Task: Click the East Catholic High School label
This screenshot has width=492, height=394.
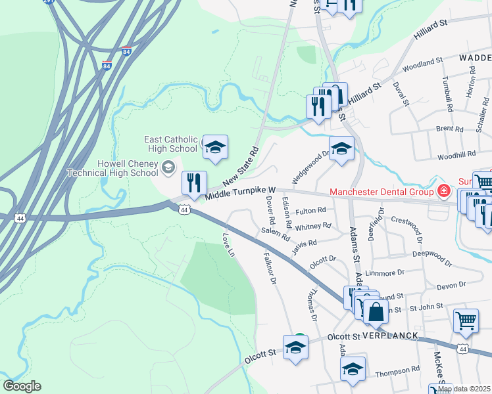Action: click(171, 144)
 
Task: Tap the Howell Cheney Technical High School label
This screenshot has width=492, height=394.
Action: click(113, 168)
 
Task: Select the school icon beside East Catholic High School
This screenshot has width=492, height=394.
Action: click(214, 148)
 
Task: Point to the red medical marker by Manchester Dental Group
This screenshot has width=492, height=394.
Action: click(444, 192)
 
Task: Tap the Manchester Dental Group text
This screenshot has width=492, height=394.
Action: click(381, 192)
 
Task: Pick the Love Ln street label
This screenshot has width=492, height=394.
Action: click(228, 245)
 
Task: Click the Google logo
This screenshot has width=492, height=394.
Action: click(22, 386)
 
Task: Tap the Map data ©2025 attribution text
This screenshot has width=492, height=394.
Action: click(464, 389)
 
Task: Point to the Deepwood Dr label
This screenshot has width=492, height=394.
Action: click(432, 257)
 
